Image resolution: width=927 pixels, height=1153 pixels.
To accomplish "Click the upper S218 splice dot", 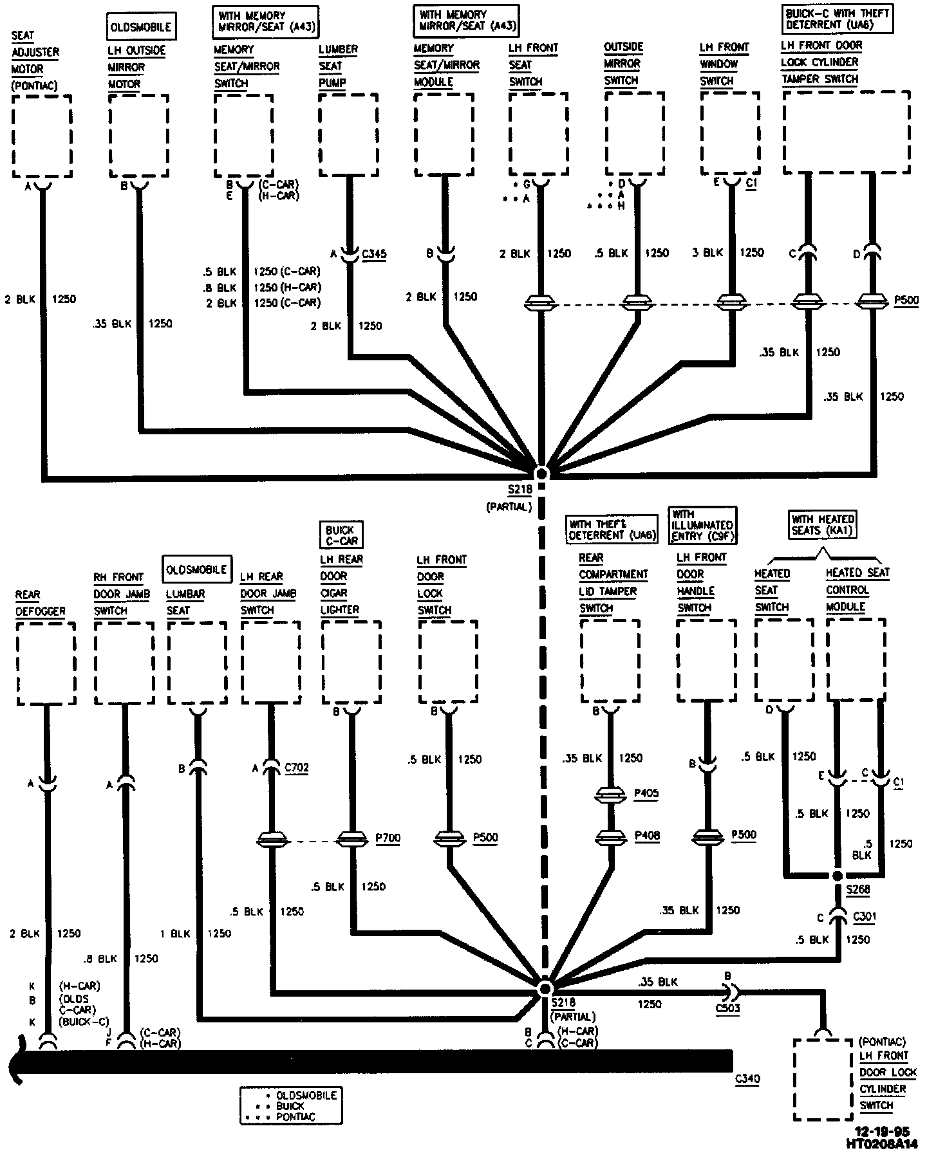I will [x=541, y=474].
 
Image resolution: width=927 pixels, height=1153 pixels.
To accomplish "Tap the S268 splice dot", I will [x=837, y=876].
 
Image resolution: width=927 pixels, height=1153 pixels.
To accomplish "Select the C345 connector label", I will [x=374, y=254].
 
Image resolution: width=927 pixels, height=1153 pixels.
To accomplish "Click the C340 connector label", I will [x=747, y=1079].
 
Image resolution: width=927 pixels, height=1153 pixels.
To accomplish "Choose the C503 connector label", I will [x=727, y=1008].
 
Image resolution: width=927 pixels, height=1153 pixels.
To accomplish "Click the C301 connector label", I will [x=864, y=916].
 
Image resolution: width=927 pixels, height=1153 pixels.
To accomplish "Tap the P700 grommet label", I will [x=388, y=838].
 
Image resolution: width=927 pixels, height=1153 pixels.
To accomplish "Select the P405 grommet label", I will [x=646, y=793].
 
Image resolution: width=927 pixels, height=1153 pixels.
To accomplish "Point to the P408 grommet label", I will [x=646, y=835].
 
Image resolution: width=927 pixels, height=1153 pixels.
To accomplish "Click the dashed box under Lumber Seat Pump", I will [x=348, y=135].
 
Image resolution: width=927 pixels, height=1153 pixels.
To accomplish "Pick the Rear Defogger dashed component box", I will [x=46, y=663].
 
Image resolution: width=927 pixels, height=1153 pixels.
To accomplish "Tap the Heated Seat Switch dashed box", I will [x=784, y=660].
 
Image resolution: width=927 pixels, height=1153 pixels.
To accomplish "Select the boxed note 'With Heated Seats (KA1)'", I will [x=823, y=524].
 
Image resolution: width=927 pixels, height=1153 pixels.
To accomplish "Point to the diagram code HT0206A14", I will [x=881, y=1143].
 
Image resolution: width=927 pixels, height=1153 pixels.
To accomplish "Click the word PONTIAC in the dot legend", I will [x=295, y=1116].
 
